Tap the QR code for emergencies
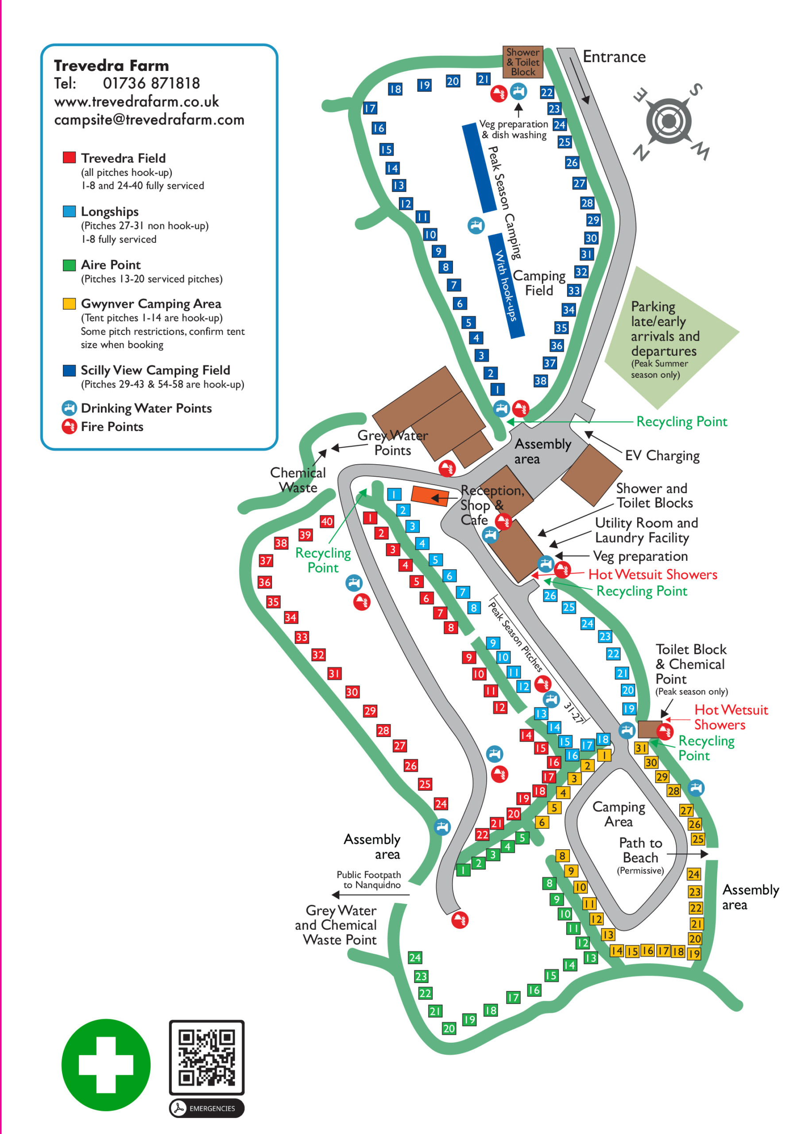[x=206, y=1057]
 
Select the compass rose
[x=669, y=121]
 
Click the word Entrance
[x=614, y=57]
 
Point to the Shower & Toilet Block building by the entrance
[x=522, y=62]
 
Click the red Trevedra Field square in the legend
[x=69, y=158]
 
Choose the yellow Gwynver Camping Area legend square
[x=69, y=303]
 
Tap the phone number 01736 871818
[x=151, y=83]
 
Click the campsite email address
[x=149, y=120]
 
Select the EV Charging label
[x=662, y=455]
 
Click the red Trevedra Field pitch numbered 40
[x=326, y=521]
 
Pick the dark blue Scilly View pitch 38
[x=540, y=381]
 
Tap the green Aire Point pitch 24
[x=415, y=958]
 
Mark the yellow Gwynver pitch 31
[x=641, y=748]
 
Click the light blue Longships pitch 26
[x=550, y=595]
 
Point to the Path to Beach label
[x=641, y=850]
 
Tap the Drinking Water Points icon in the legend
[x=69, y=408]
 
